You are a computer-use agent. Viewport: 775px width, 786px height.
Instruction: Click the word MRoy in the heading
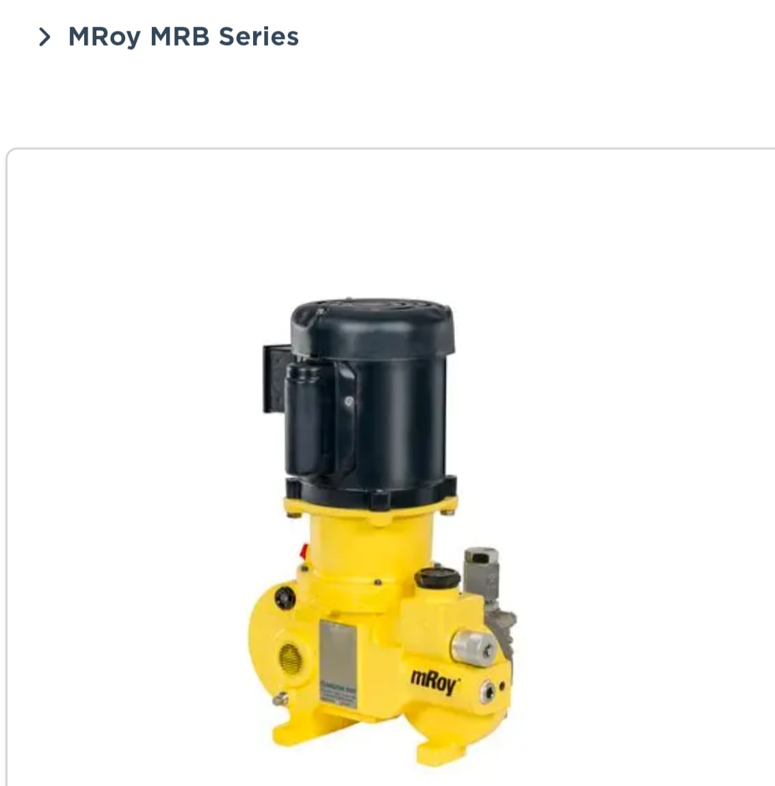(104, 37)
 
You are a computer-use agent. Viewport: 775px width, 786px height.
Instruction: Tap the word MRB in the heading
(180, 37)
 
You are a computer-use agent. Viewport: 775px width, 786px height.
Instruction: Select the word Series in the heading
(259, 37)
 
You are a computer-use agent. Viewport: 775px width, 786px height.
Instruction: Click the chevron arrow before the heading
(44, 37)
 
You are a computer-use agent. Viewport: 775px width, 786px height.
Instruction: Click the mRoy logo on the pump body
(435, 681)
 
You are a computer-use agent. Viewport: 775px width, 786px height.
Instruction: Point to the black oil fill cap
(438, 577)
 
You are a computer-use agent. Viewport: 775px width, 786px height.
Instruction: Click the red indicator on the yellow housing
(305, 549)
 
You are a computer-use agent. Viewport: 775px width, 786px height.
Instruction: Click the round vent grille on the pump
(291, 657)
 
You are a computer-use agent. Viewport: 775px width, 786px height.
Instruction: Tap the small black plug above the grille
(285, 598)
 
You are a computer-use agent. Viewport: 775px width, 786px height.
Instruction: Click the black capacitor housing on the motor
(304, 418)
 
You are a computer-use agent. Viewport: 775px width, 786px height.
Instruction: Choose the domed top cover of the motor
(373, 325)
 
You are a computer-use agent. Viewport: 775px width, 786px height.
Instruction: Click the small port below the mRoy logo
(488, 692)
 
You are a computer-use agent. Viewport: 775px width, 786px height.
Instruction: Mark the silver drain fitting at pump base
(280, 700)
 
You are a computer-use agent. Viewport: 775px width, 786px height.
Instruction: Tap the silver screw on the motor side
(349, 401)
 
